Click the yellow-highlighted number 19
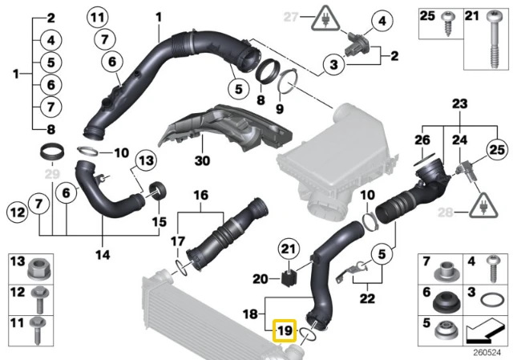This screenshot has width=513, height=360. pos(285,331)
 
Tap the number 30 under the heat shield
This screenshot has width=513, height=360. pos(202,160)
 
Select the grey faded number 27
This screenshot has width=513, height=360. pos(291,17)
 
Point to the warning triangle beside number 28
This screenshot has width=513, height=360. pos(483,205)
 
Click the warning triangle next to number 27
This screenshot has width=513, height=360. pos(325,18)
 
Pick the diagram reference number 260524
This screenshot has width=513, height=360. pos(487,352)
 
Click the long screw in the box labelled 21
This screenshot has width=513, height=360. pos(494,39)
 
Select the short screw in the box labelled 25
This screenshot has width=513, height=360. pos(446,23)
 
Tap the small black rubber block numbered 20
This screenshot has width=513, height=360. pos(289,278)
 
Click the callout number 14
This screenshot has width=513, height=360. pos(103,254)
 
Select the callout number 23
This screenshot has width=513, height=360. pos(459,103)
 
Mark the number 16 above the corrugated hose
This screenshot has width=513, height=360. pos(201,195)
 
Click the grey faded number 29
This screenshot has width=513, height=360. pos(52,174)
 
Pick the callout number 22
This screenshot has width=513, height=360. pos(367,298)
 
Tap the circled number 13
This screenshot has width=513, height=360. pos(146,160)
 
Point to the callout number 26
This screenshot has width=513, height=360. pos(422,140)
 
